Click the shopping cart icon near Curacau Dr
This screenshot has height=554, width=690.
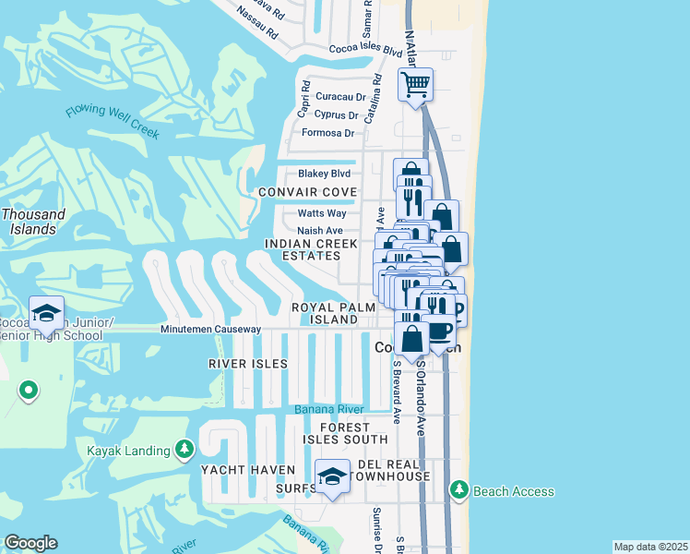click(415, 84)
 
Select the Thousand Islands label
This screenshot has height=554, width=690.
click(33, 222)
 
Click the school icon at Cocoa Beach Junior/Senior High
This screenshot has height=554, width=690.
click(45, 314)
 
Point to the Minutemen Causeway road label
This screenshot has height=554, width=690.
click(210, 330)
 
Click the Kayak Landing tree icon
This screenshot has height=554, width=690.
click(184, 450)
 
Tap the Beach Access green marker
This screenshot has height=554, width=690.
click(458, 490)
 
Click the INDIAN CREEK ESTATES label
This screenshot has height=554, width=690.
click(310, 249)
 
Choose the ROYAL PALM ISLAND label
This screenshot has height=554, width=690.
click(324, 313)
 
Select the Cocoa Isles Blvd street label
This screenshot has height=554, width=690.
click(365, 51)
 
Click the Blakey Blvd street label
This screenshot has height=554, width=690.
click(324, 174)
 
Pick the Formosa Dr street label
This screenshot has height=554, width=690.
click(327, 133)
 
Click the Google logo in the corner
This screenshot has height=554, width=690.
click(30, 543)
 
